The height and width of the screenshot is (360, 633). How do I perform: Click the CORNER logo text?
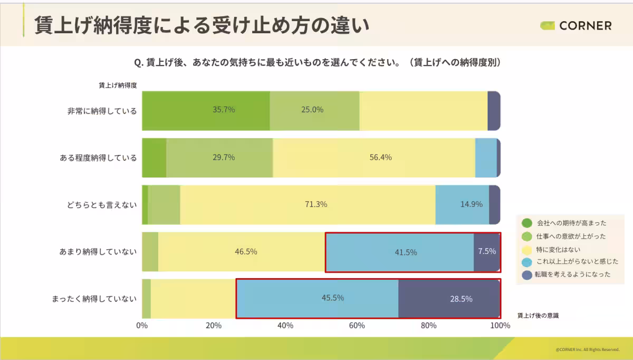[x=585, y=26]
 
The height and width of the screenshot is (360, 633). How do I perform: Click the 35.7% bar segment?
[x=206, y=110]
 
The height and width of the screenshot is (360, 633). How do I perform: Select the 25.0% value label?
[x=312, y=110]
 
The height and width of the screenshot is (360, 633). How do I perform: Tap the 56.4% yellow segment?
[x=373, y=158]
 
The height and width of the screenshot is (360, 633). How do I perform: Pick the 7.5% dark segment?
[x=487, y=252]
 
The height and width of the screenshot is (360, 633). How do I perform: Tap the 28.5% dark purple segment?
[x=449, y=299]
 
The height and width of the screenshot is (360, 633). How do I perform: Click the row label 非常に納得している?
[x=102, y=111]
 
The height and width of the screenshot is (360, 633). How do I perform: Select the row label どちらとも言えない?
[x=102, y=205]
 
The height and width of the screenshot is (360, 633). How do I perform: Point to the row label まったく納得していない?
[x=94, y=299]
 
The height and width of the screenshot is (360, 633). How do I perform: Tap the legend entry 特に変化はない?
[x=559, y=249]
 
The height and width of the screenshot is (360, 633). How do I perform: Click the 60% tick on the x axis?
[x=357, y=326]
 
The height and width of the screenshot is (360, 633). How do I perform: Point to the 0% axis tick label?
[x=142, y=326]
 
